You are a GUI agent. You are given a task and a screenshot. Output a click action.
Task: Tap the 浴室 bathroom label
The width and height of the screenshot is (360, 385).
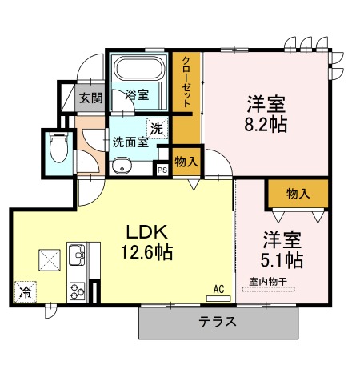137,95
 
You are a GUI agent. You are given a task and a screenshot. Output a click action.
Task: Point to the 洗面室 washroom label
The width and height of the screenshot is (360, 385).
130,142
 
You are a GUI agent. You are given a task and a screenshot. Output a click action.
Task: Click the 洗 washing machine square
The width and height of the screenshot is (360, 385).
156,126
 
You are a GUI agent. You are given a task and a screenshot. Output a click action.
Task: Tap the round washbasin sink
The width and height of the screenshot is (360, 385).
122,167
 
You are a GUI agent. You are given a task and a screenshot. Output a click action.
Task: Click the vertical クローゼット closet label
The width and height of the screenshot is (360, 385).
186,82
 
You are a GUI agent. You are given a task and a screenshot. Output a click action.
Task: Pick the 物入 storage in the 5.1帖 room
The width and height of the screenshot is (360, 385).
298,193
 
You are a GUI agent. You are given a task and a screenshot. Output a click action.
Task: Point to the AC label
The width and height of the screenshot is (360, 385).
218,289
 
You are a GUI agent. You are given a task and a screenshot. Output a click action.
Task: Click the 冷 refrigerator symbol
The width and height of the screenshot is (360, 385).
25,293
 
